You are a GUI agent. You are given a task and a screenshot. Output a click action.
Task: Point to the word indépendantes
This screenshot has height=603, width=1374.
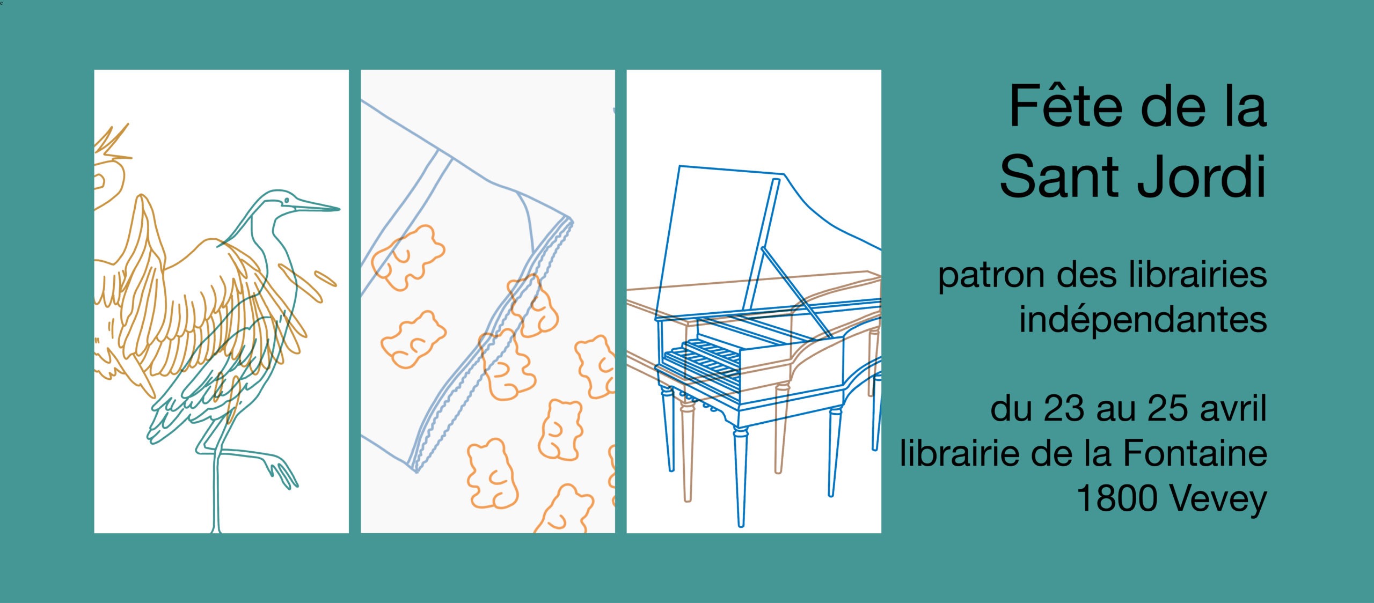[1143, 320]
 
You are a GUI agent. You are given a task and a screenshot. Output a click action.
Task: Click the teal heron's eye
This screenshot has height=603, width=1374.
[287, 201]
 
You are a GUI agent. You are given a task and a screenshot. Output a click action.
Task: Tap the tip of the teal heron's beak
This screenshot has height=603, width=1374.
[340, 209]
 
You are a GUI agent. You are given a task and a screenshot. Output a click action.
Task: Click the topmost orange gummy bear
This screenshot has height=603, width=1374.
[409, 258]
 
